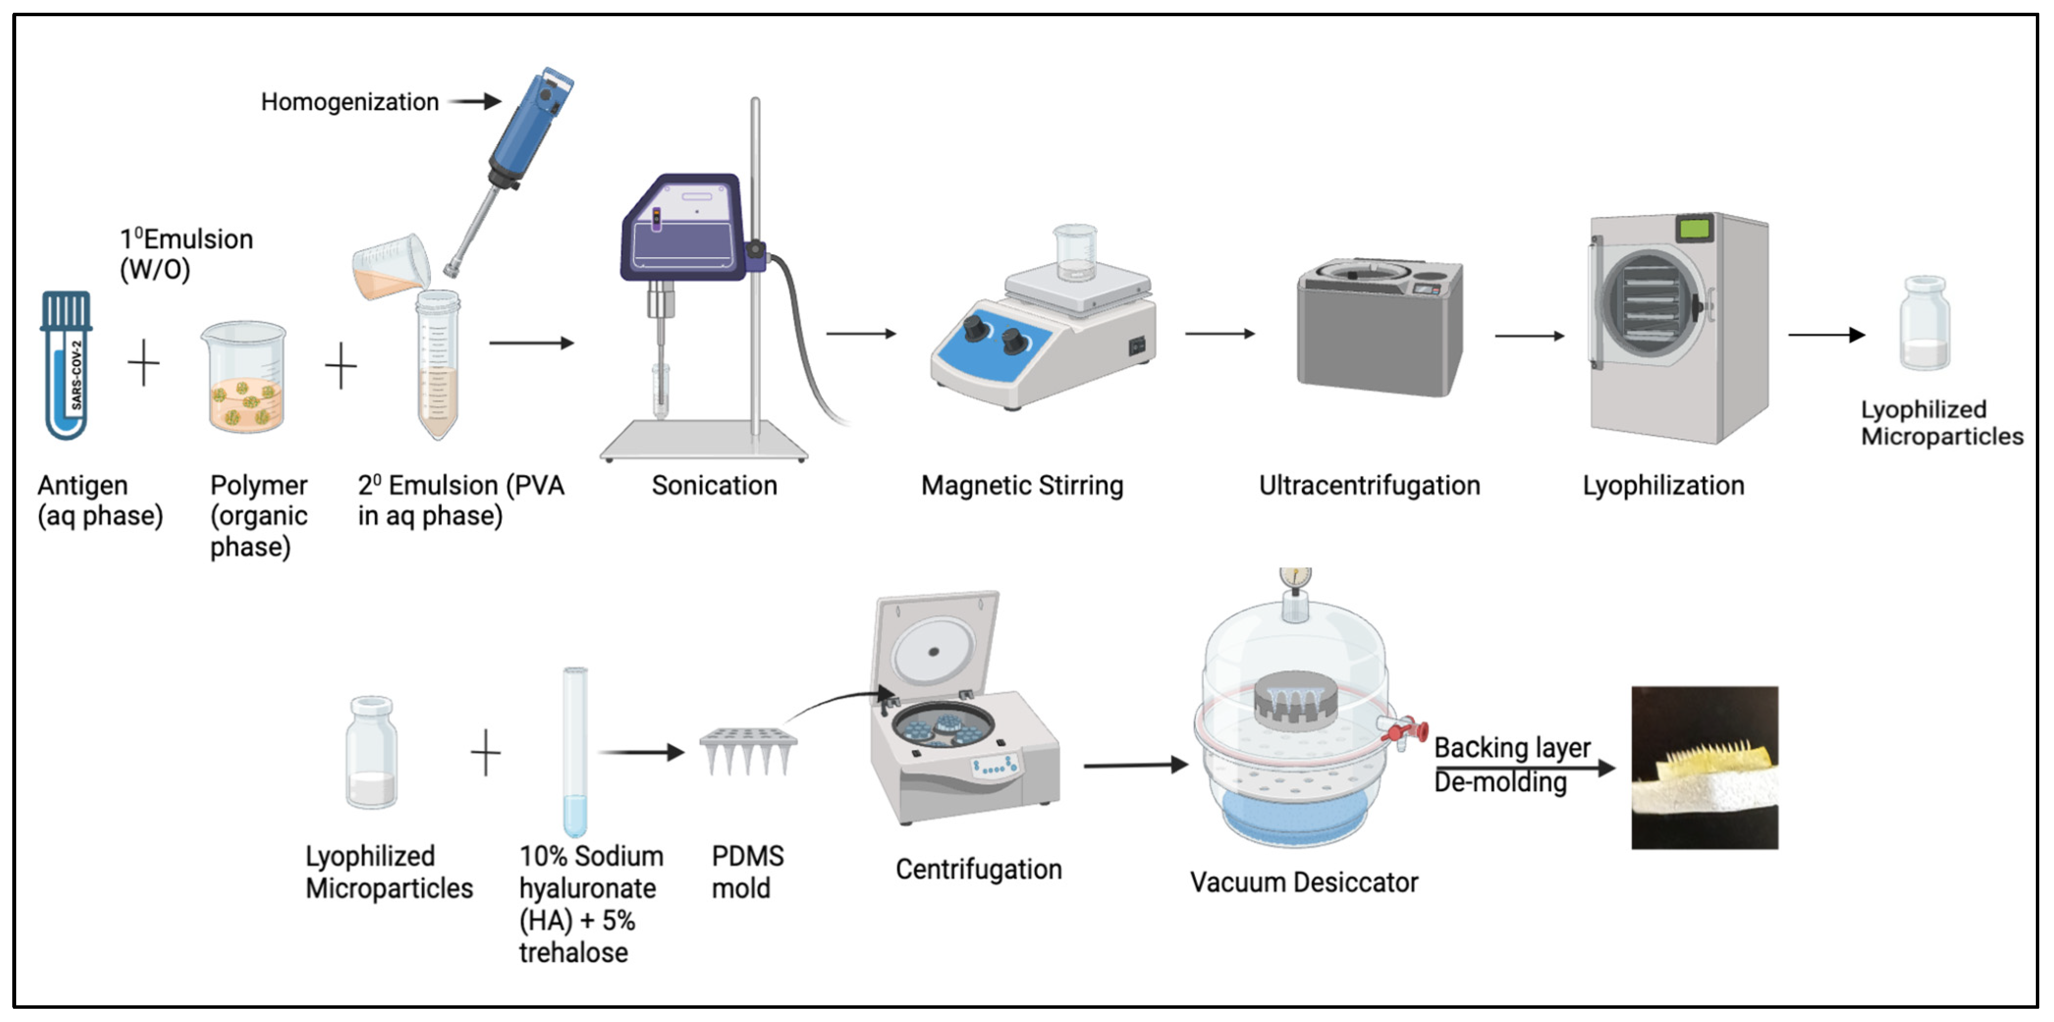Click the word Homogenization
click(x=349, y=102)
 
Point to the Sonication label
click(x=714, y=486)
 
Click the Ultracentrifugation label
click(x=1369, y=486)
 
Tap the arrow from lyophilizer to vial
click(x=1826, y=335)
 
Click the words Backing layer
click(x=1512, y=748)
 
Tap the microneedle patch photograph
click(x=1704, y=768)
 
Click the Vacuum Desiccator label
click(x=1304, y=883)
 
